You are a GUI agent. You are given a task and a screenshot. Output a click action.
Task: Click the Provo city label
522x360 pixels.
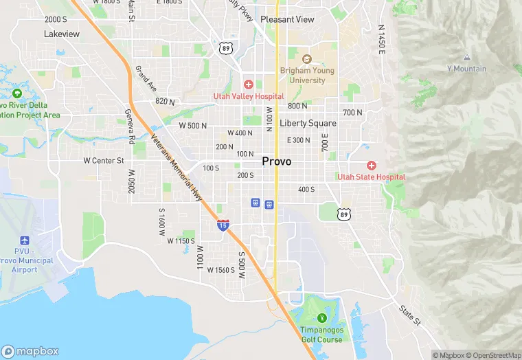pyautogui.click(x=276, y=161)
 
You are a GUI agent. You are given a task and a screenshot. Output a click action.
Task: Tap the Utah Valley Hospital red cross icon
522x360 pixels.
pyautogui.click(x=249, y=84)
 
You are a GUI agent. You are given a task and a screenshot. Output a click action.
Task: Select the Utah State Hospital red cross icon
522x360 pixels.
pyautogui.click(x=372, y=166)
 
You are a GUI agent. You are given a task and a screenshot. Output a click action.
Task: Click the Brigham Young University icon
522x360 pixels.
pyautogui.click(x=306, y=59)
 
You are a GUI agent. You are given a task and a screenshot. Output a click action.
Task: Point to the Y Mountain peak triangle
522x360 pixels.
pyautogui.click(x=466, y=58)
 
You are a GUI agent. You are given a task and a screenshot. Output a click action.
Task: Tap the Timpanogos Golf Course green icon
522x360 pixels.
pyautogui.click(x=321, y=318)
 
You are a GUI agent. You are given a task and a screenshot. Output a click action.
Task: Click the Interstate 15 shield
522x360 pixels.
pyautogui.click(x=223, y=225)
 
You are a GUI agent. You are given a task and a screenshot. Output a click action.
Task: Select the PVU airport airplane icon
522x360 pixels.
pyautogui.click(x=25, y=241)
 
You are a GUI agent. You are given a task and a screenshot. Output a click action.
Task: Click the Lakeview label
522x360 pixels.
pyautogui.click(x=62, y=34)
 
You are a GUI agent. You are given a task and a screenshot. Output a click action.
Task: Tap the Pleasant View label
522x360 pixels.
pyautogui.click(x=287, y=19)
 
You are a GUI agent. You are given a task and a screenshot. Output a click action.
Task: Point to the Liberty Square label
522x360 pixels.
pyautogui.click(x=308, y=123)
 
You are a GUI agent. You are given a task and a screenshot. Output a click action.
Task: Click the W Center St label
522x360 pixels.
pyautogui.click(x=103, y=161)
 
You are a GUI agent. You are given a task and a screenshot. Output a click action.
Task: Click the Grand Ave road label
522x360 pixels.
pyautogui.click(x=146, y=78)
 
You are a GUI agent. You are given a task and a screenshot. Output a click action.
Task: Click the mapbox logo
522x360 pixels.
pyautogui.click(x=30, y=350)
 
